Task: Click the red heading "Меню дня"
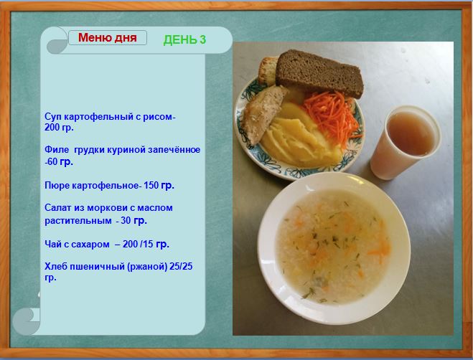pyautogui.click(x=108, y=38)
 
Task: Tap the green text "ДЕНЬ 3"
pyautogui.click(x=184, y=39)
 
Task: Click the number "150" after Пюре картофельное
pyautogui.click(x=151, y=185)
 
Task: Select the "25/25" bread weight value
pyautogui.click(x=181, y=266)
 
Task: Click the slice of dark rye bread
pyautogui.click(x=319, y=74)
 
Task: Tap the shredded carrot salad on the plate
pyautogui.click(x=333, y=116)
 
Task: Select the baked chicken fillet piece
pyautogui.click(x=263, y=114)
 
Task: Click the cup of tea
pyautogui.click(x=405, y=142)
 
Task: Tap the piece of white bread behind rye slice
pyautogui.click(x=267, y=71)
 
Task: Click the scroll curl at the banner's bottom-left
pyautogui.click(x=26, y=321)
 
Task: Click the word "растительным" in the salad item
pyautogui.click(x=78, y=221)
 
